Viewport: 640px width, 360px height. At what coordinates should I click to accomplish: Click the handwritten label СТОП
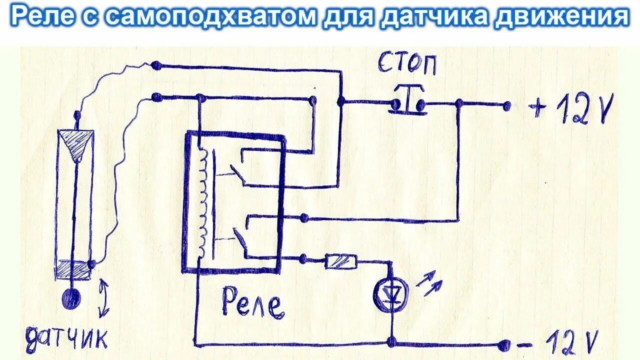click(406, 64)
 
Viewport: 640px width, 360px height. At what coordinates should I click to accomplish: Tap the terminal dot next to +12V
click(506, 105)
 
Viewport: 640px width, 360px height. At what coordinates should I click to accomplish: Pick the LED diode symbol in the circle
click(390, 294)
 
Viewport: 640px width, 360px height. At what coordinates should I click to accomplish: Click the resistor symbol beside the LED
click(341, 261)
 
